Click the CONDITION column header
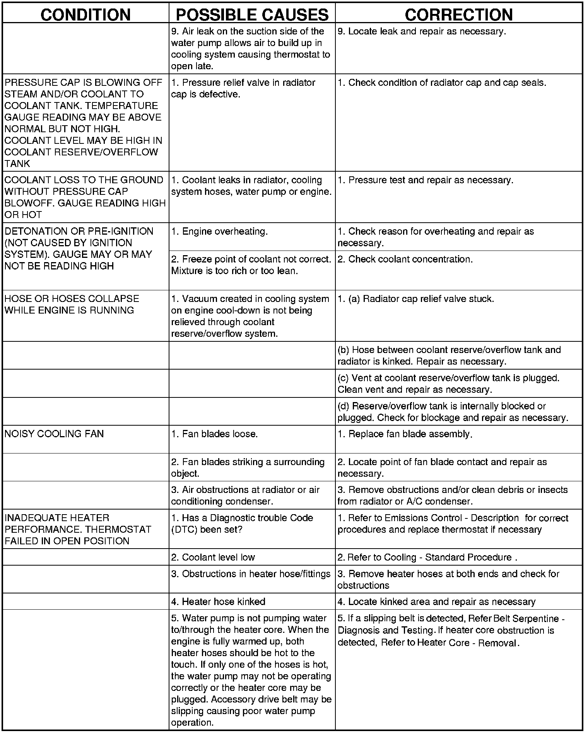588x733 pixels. click(x=85, y=14)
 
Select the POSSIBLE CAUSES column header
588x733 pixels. click(x=252, y=14)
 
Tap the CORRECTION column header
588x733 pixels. click(x=459, y=14)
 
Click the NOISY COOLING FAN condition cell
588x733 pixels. click(x=54, y=434)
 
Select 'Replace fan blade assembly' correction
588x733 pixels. click(x=410, y=434)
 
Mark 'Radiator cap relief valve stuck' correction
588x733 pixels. click(x=421, y=299)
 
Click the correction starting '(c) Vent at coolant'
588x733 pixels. click(x=448, y=384)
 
